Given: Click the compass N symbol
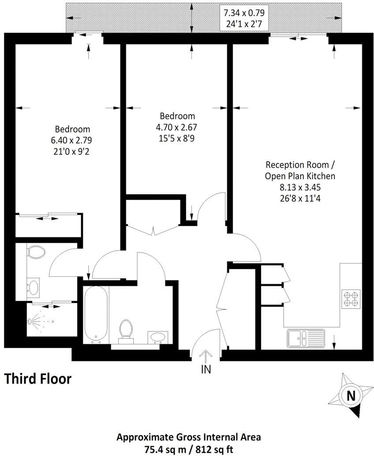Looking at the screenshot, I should coord(351,395).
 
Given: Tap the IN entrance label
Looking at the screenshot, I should coord(206,369).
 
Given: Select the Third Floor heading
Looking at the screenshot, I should coord(37,378).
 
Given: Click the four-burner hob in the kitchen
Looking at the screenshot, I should coord(351,299).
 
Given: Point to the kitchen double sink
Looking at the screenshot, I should coord(305,339).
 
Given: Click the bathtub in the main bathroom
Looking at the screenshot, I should coord(95,314).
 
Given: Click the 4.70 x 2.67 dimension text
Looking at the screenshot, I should coord(177,127).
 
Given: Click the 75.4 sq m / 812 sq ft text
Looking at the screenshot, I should coord(188,449).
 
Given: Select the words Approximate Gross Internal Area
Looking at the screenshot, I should coord(188,437).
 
